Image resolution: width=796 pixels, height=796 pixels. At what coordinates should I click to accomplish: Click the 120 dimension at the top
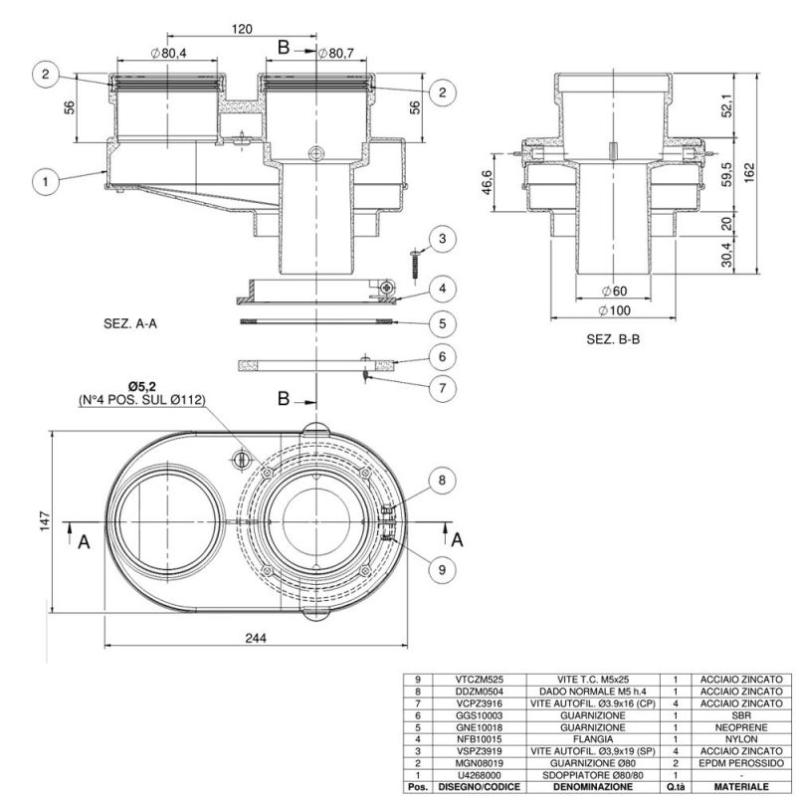point(242,30)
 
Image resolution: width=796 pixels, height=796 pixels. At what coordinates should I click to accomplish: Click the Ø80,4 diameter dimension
point(171,52)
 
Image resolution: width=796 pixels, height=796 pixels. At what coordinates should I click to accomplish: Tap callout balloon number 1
point(45,181)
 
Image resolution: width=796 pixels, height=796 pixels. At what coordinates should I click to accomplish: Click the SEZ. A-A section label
point(131,323)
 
